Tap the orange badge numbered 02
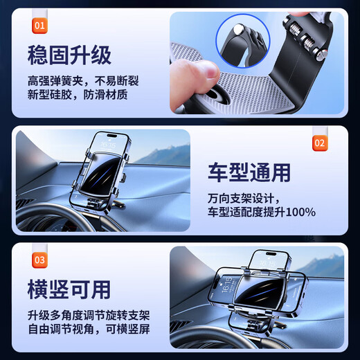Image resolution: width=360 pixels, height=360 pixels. coord(319,143)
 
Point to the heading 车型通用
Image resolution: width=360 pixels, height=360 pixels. coord(249,172)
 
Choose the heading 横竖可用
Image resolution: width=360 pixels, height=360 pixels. coord(69,287)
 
